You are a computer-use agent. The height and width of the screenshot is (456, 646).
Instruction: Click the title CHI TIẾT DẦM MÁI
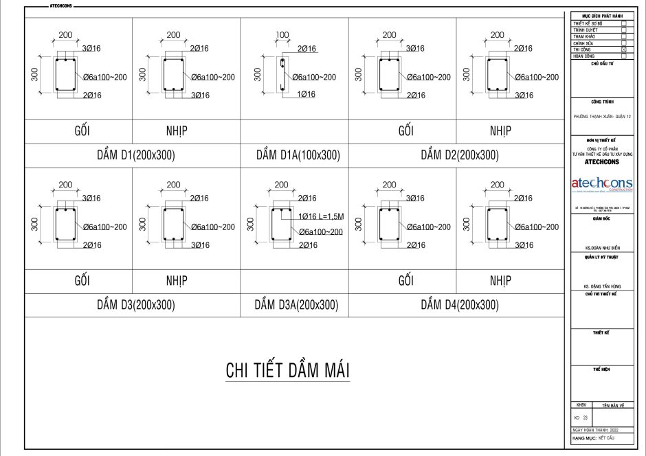(x=288, y=370)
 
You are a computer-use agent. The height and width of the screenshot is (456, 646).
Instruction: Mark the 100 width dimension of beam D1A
(x=282, y=34)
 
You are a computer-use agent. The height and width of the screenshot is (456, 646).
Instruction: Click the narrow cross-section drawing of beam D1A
(x=282, y=76)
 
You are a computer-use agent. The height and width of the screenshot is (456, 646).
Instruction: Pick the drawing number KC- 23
(x=581, y=417)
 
